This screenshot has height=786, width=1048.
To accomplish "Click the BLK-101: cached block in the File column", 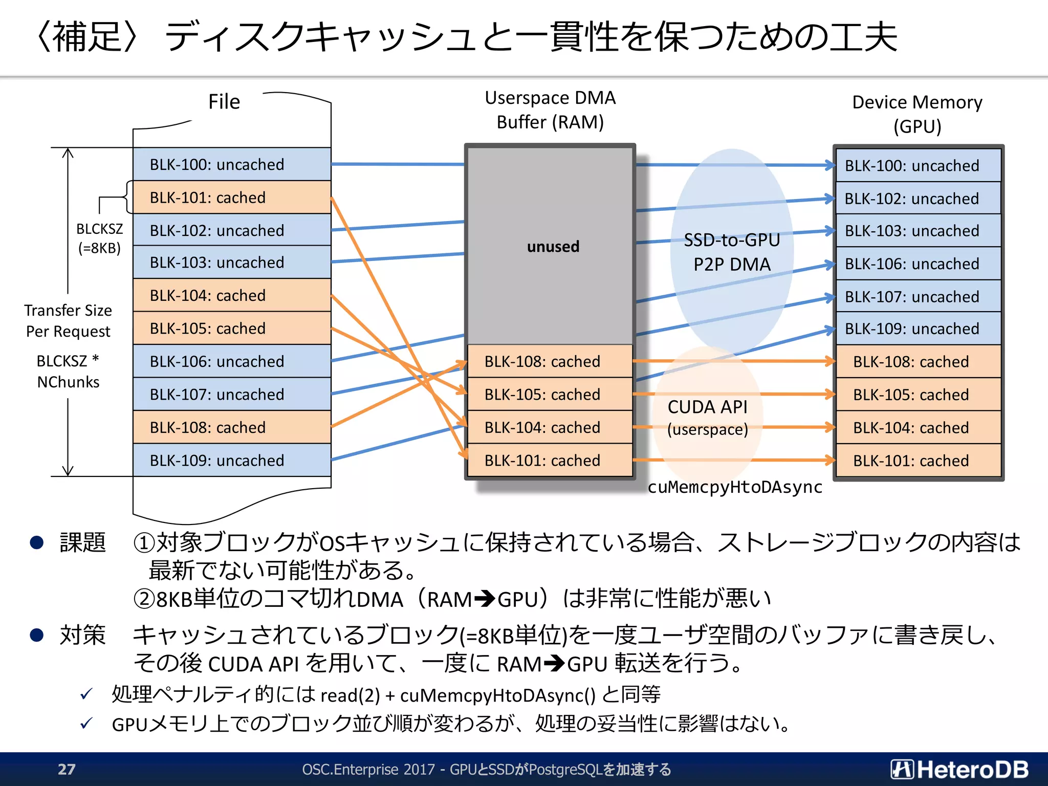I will click(x=231, y=198).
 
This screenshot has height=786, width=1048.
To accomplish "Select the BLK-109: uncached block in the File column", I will click(x=231, y=461).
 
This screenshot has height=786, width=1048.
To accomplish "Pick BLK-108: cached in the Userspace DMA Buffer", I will click(x=550, y=362).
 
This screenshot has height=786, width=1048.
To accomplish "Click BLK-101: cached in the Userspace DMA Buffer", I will click(x=550, y=461).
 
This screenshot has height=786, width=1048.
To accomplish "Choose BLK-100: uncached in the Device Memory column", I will click(x=918, y=166).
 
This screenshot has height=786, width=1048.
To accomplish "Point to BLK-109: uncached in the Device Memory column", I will click(x=918, y=329).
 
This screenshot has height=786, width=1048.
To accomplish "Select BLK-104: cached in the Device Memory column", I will click(x=918, y=428).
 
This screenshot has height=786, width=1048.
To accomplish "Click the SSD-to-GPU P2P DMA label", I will click(x=732, y=252).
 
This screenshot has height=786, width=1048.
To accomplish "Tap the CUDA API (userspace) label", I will click(x=708, y=418).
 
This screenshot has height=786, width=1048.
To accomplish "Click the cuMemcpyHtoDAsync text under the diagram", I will click(x=735, y=487).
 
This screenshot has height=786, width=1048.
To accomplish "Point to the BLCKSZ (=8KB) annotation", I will click(x=99, y=238).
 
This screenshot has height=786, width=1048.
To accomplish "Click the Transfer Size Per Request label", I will click(x=68, y=321).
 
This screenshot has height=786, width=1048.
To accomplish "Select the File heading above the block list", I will click(x=224, y=102).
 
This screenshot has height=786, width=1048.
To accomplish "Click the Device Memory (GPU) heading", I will click(x=917, y=114).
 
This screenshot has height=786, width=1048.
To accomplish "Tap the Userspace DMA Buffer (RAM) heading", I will click(x=550, y=110).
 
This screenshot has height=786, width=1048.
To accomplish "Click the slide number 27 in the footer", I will click(x=67, y=769).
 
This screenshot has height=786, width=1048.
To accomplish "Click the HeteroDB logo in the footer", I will click(x=959, y=769).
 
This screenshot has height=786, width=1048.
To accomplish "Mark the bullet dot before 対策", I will click(x=37, y=635).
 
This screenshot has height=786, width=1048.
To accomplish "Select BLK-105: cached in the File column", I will click(x=231, y=329).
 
